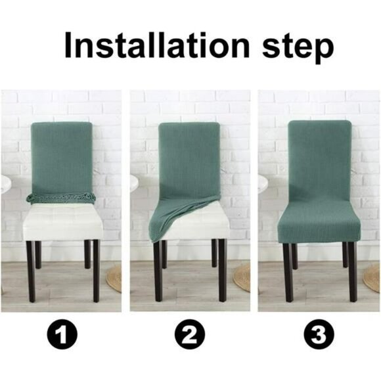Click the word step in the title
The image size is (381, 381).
292,46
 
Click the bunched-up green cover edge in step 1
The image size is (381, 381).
60,197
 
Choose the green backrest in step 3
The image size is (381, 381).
319,161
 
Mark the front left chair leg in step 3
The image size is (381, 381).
287,273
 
